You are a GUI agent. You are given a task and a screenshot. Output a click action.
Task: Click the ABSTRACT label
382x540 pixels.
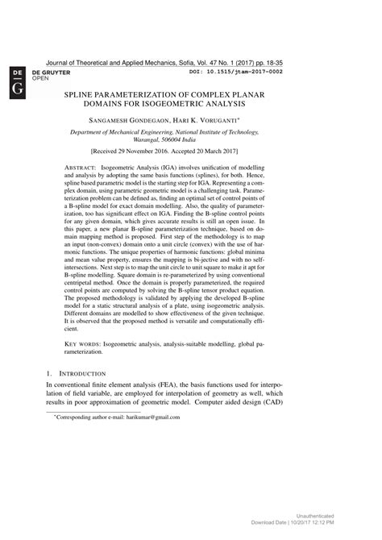click(79, 165)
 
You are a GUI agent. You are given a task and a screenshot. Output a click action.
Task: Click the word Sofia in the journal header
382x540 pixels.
click(212, 61)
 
